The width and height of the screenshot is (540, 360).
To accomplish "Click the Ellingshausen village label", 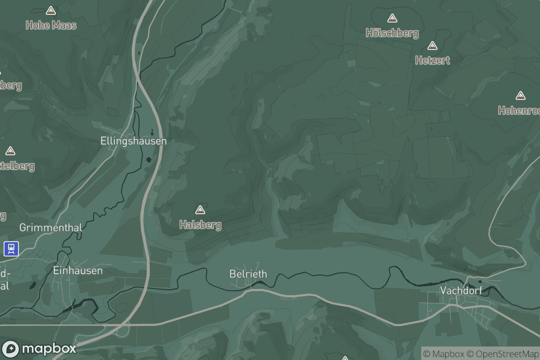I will [x=133, y=141].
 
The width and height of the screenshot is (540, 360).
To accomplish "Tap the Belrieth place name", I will [x=248, y=274].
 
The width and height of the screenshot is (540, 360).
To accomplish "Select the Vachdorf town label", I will [x=461, y=290].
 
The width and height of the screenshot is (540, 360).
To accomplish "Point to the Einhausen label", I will [x=78, y=270].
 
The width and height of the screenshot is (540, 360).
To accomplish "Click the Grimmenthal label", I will [x=51, y=228].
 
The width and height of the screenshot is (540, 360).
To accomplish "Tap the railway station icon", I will [x=11, y=248].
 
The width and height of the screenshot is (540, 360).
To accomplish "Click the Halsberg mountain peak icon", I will [x=200, y=210].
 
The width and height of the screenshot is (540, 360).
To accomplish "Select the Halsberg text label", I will [x=200, y=225].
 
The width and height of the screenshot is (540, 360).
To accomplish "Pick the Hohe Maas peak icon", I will [x=51, y=10].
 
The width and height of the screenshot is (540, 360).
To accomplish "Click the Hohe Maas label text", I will [x=51, y=25].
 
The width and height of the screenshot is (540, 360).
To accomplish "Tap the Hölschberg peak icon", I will [x=392, y=18].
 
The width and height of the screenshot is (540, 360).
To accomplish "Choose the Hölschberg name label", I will [x=392, y=33].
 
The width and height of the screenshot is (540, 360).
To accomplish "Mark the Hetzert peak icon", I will [x=432, y=45].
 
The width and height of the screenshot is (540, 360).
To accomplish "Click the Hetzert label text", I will [x=432, y=60].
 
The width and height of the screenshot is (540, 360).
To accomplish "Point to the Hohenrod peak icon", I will [x=521, y=95].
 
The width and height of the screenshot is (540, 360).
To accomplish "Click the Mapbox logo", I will [x=39, y=348].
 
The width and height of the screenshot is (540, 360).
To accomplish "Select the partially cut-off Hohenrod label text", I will [x=519, y=110].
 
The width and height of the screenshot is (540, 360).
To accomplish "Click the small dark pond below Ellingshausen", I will [x=148, y=160].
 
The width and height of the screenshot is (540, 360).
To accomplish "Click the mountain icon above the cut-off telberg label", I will [x=10, y=151].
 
